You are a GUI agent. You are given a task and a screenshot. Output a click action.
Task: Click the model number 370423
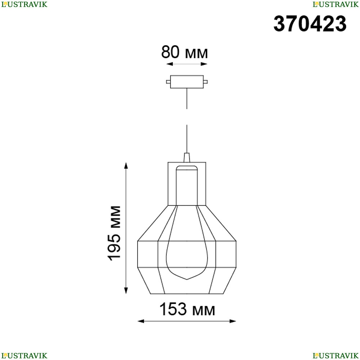[310, 24]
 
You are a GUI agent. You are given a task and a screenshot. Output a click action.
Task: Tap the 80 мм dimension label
[185, 52]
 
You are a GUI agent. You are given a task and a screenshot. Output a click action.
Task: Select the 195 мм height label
[114, 233]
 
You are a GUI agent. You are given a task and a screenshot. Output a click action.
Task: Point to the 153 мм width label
[187, 309]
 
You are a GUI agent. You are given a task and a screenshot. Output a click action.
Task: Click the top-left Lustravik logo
[24, 4]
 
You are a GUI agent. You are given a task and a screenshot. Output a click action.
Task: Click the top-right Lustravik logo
[336, 4]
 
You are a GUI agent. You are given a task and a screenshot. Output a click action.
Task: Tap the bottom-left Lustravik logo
[24, 356]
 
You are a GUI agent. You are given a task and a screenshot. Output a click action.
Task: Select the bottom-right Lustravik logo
[336, 356]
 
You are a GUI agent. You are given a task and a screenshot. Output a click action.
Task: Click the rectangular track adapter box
[187, 82]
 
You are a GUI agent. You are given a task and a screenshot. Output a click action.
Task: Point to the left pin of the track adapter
[168, 82]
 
